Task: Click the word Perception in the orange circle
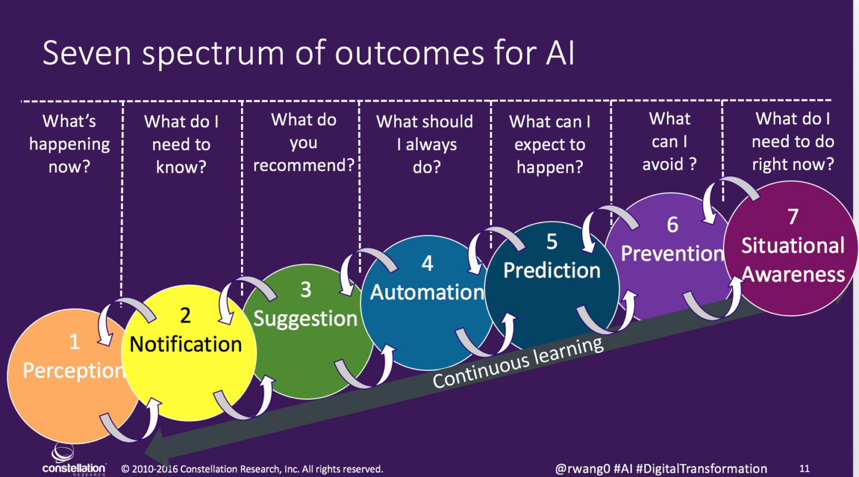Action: point(73,371)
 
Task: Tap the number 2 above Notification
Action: point(185,316)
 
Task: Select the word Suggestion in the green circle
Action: point(305,318)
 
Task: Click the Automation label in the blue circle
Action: point(427,292)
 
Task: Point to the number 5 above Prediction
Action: point(552,242)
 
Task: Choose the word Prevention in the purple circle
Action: point(672,253)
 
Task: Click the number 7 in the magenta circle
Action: point(793,216)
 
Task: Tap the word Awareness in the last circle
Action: point(793,274)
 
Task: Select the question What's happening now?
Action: point(70,144)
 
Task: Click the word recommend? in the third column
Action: point(304,165)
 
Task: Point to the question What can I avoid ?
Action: point(669,141)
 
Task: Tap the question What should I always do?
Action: point(425,144)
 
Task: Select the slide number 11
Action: point(804,469)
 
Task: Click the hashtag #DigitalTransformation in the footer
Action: point(702,469)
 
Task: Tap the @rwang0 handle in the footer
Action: point(583,469)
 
